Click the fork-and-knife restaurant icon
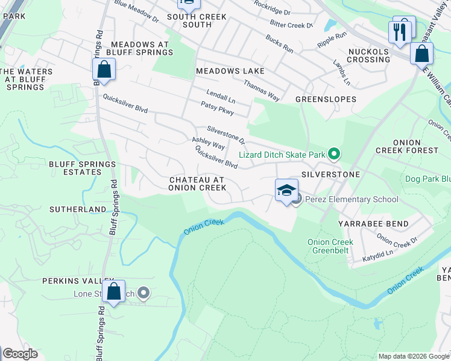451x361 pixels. coord(399,31)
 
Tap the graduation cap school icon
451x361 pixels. coord(286,191)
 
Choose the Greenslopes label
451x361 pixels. coord(326,99)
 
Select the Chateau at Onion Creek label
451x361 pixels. coord(198,184)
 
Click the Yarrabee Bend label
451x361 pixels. coord(382,223)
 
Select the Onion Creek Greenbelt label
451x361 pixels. coord(330,245)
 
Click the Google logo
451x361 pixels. coord(20,354)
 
